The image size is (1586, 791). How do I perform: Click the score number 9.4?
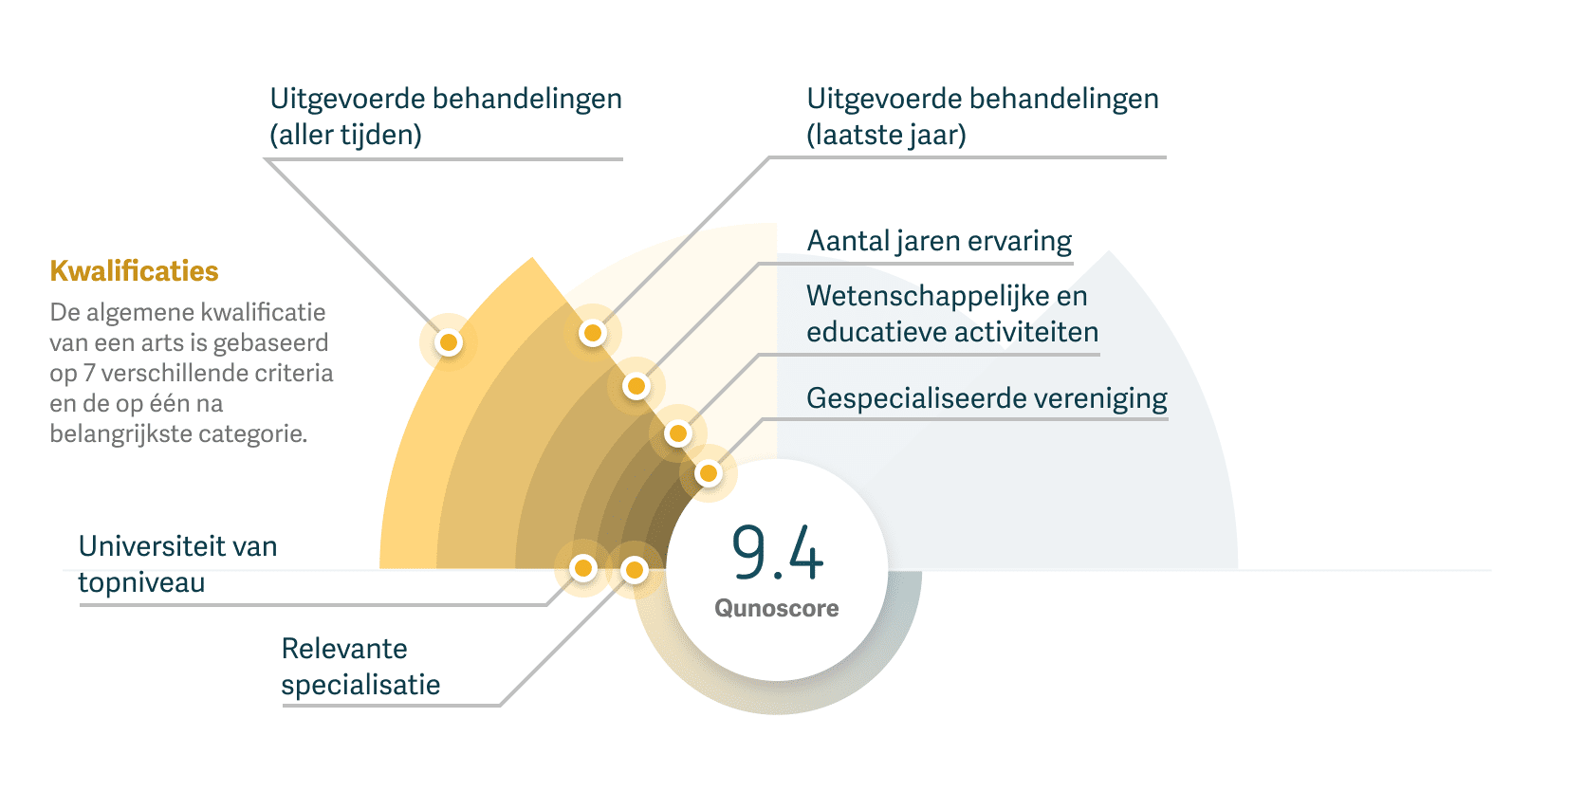[x=777, y=552]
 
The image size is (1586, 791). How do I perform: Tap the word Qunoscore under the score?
[x=777, y=609]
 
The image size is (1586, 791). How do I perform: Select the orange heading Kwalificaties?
[x=134, y=271]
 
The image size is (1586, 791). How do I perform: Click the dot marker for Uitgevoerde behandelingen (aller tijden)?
[x=449, y=342]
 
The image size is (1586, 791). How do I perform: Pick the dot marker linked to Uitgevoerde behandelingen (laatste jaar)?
[x=593, y=333]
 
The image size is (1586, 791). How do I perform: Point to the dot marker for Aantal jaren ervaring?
[x=636, y=386]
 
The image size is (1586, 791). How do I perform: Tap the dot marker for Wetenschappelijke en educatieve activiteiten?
[x=677, y=434]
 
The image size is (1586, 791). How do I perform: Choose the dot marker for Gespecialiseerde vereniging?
[x=708, y=473]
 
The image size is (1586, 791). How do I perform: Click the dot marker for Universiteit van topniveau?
[x=583, y=568]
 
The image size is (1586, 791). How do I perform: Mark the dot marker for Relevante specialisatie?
[x=634, y=570]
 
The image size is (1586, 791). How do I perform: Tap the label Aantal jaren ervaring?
[x=939, y=242]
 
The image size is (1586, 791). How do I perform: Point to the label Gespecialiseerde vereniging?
[x=987, y=399]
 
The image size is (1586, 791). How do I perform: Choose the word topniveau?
[x=141, y=583]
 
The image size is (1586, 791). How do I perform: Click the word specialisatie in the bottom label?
[x=360, y=686]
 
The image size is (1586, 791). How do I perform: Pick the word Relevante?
[x=344, y=650]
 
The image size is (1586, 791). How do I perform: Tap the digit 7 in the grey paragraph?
[x=88, y=374]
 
